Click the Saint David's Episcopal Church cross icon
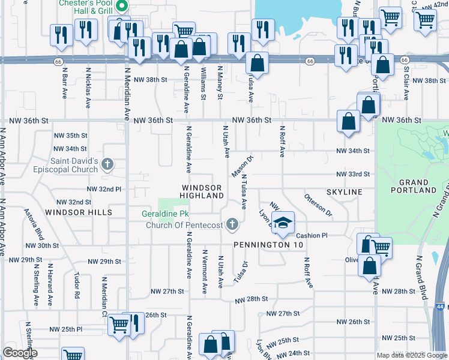point(107,164)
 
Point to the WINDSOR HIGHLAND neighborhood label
point(202,192)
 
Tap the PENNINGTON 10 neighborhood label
point(268,245)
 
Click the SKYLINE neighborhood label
point(344,191)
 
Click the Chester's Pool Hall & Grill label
point(86,7)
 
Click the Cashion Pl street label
point(312,236)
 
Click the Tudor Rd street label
point(76,286)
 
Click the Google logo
point(20,353)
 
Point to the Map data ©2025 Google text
point(411,355)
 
